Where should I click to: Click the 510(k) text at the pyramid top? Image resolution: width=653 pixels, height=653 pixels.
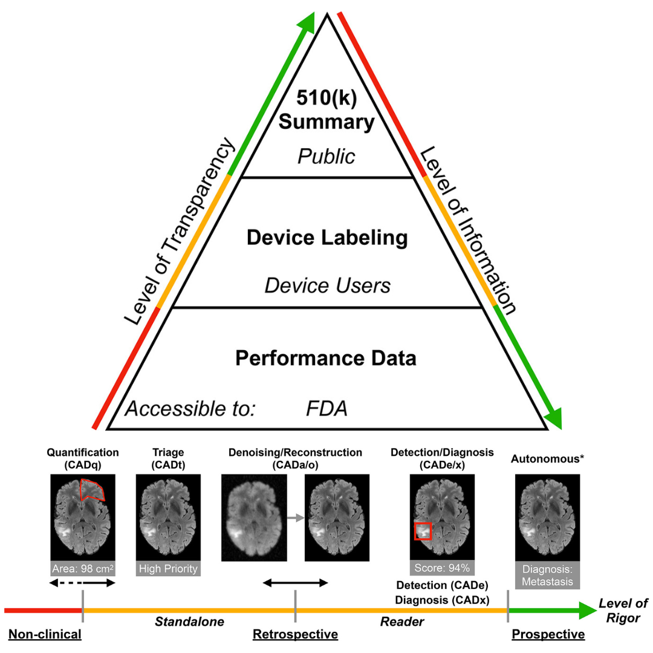[326, 97]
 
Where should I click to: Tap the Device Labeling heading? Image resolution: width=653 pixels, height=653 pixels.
[326, 238]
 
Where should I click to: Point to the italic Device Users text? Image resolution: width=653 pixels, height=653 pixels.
[328, 285]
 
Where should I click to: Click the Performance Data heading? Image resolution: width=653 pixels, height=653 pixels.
[326, 358]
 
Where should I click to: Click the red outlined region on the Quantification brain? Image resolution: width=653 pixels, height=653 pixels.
[93, 489]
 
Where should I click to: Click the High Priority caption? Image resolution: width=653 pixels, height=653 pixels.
[167, 568]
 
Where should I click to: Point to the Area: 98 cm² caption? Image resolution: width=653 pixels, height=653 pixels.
[83, 568]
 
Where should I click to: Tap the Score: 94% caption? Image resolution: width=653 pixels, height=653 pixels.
[441, 568]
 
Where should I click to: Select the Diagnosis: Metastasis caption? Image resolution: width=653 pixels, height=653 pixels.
[547, 575]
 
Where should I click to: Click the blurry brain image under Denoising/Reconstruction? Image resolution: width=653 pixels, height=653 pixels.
[253, 518]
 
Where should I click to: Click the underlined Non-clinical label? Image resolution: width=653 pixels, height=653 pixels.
[44, 634]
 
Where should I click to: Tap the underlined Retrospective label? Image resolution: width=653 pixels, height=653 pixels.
[295, 634]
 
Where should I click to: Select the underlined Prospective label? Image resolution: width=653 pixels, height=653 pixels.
[548, 634]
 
